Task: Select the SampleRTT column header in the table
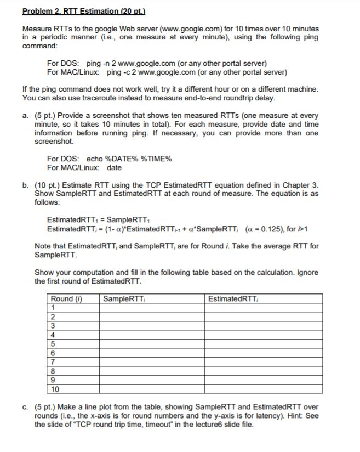coord(124,298)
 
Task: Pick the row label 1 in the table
coord(53,307)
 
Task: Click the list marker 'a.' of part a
coord(26,116)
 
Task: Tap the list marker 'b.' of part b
coord(26,186)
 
